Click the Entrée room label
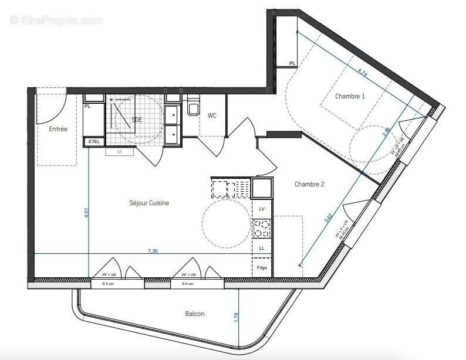58,129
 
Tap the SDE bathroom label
137,120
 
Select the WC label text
212,116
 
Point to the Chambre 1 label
350,96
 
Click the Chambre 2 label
309,184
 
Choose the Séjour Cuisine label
149,203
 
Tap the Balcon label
195,314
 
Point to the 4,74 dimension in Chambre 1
363,73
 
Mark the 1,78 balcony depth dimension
237,318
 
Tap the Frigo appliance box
262,268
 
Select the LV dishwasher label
262,209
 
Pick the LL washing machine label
262,249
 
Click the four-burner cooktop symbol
262,229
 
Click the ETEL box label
93,141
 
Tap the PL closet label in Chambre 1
292,63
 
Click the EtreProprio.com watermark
56,21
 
